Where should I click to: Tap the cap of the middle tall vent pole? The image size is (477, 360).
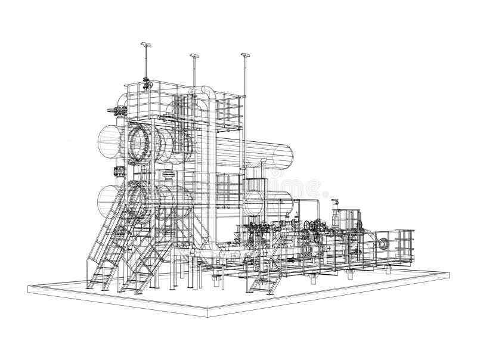click(195, 55)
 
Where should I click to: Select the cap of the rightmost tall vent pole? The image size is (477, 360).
click(244, 55)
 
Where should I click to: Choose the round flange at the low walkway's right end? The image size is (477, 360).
click(383, 243)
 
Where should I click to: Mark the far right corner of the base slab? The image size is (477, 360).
click(448, 273)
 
